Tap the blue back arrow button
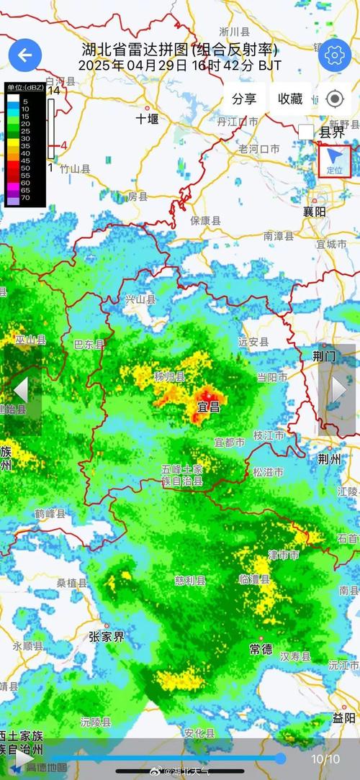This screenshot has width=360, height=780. click(25, 55)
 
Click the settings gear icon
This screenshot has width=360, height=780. click(334, 55)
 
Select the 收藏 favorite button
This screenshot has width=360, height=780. click(290, 99)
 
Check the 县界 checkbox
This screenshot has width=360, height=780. click(306, 132)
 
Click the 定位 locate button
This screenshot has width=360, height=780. click(335, 160)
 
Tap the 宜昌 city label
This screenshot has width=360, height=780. click(209, 408)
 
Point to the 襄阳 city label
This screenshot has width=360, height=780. click(314, 212)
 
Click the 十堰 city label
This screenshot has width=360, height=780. click(147, 119)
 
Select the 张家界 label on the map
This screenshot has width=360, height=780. click(107, 636)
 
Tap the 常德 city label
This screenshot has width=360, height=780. click(261, 649)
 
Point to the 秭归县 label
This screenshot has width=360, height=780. click(169, 377)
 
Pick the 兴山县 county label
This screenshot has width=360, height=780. click(140, 299)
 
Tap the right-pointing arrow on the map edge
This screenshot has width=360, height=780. click(338, 389)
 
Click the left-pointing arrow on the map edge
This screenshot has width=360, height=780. click(21, 389)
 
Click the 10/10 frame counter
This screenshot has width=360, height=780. click(325, 758)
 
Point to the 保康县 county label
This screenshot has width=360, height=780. click(205, 221)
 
